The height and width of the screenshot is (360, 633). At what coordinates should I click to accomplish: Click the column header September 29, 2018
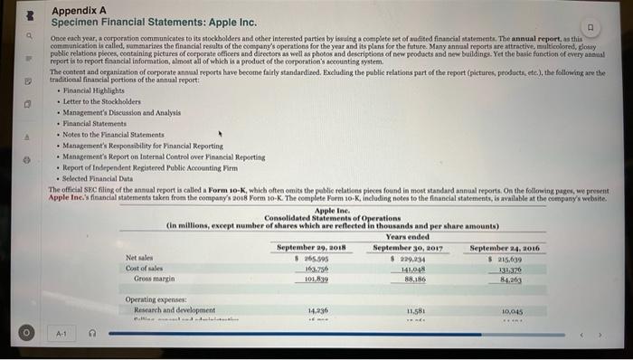tap(308, 246)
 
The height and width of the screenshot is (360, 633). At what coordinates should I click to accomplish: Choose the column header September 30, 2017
tap(405, 246)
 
